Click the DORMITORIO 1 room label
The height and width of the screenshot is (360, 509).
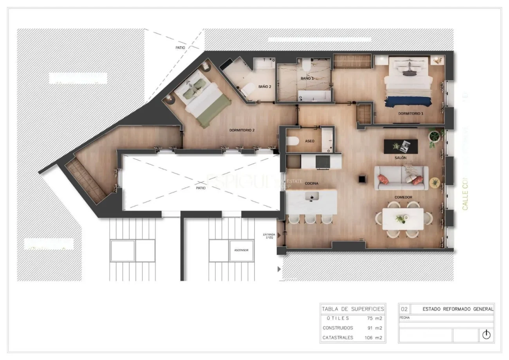411,114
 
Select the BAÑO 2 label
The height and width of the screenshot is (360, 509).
265,87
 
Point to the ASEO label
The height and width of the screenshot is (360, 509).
310,141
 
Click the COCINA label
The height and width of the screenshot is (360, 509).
311,183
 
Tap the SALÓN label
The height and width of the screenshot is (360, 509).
401,158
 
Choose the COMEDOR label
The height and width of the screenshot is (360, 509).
403,197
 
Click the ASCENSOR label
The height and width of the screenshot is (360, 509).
241,250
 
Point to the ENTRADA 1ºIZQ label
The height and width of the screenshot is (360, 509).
269,236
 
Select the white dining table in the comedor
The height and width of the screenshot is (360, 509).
403,219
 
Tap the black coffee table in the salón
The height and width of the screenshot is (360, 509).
401,146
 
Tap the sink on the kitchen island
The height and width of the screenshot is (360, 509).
312,197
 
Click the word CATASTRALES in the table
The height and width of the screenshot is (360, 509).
338,337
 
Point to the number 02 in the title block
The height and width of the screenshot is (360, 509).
404,309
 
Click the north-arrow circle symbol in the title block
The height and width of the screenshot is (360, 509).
486,335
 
